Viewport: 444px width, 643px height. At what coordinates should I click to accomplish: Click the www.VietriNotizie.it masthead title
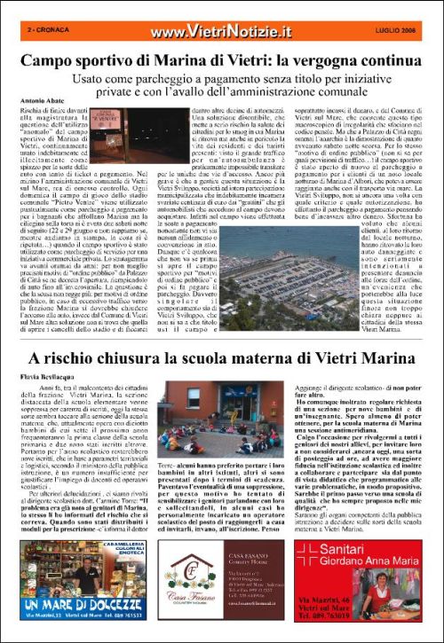click(221, 31)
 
